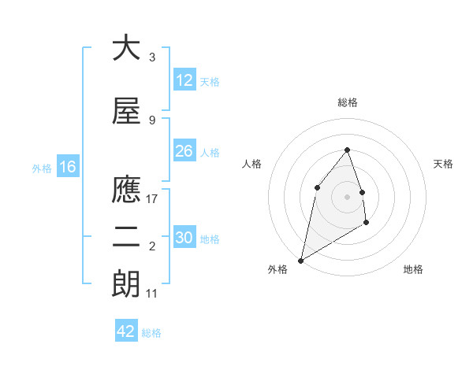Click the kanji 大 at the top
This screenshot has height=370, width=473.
tap(126, 50)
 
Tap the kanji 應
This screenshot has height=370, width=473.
tap(126, 190)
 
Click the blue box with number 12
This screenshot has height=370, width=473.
tap(184, 80)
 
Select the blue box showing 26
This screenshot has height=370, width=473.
tap(184, 151)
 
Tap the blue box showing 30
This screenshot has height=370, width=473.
tap(184, 238)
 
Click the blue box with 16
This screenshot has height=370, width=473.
tap(68, 167)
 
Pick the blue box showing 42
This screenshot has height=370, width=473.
tap(126, 331)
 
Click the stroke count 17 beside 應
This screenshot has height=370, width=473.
tap(152, 199)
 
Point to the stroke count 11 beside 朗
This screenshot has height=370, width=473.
tap(152, 294)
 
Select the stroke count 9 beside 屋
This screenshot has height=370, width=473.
tap(152, 120)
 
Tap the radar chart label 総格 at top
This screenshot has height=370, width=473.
tap(348, 102)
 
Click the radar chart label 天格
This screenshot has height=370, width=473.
tap(444, 164)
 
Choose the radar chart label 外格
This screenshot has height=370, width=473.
tap(277, 269)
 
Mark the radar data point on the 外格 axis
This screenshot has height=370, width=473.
tap(301, 260)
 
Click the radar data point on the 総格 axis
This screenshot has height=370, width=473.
tap(348, 150)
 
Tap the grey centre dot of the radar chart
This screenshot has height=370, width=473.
tap(348, 196)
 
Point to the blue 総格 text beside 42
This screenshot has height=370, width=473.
tap(151, 333)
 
